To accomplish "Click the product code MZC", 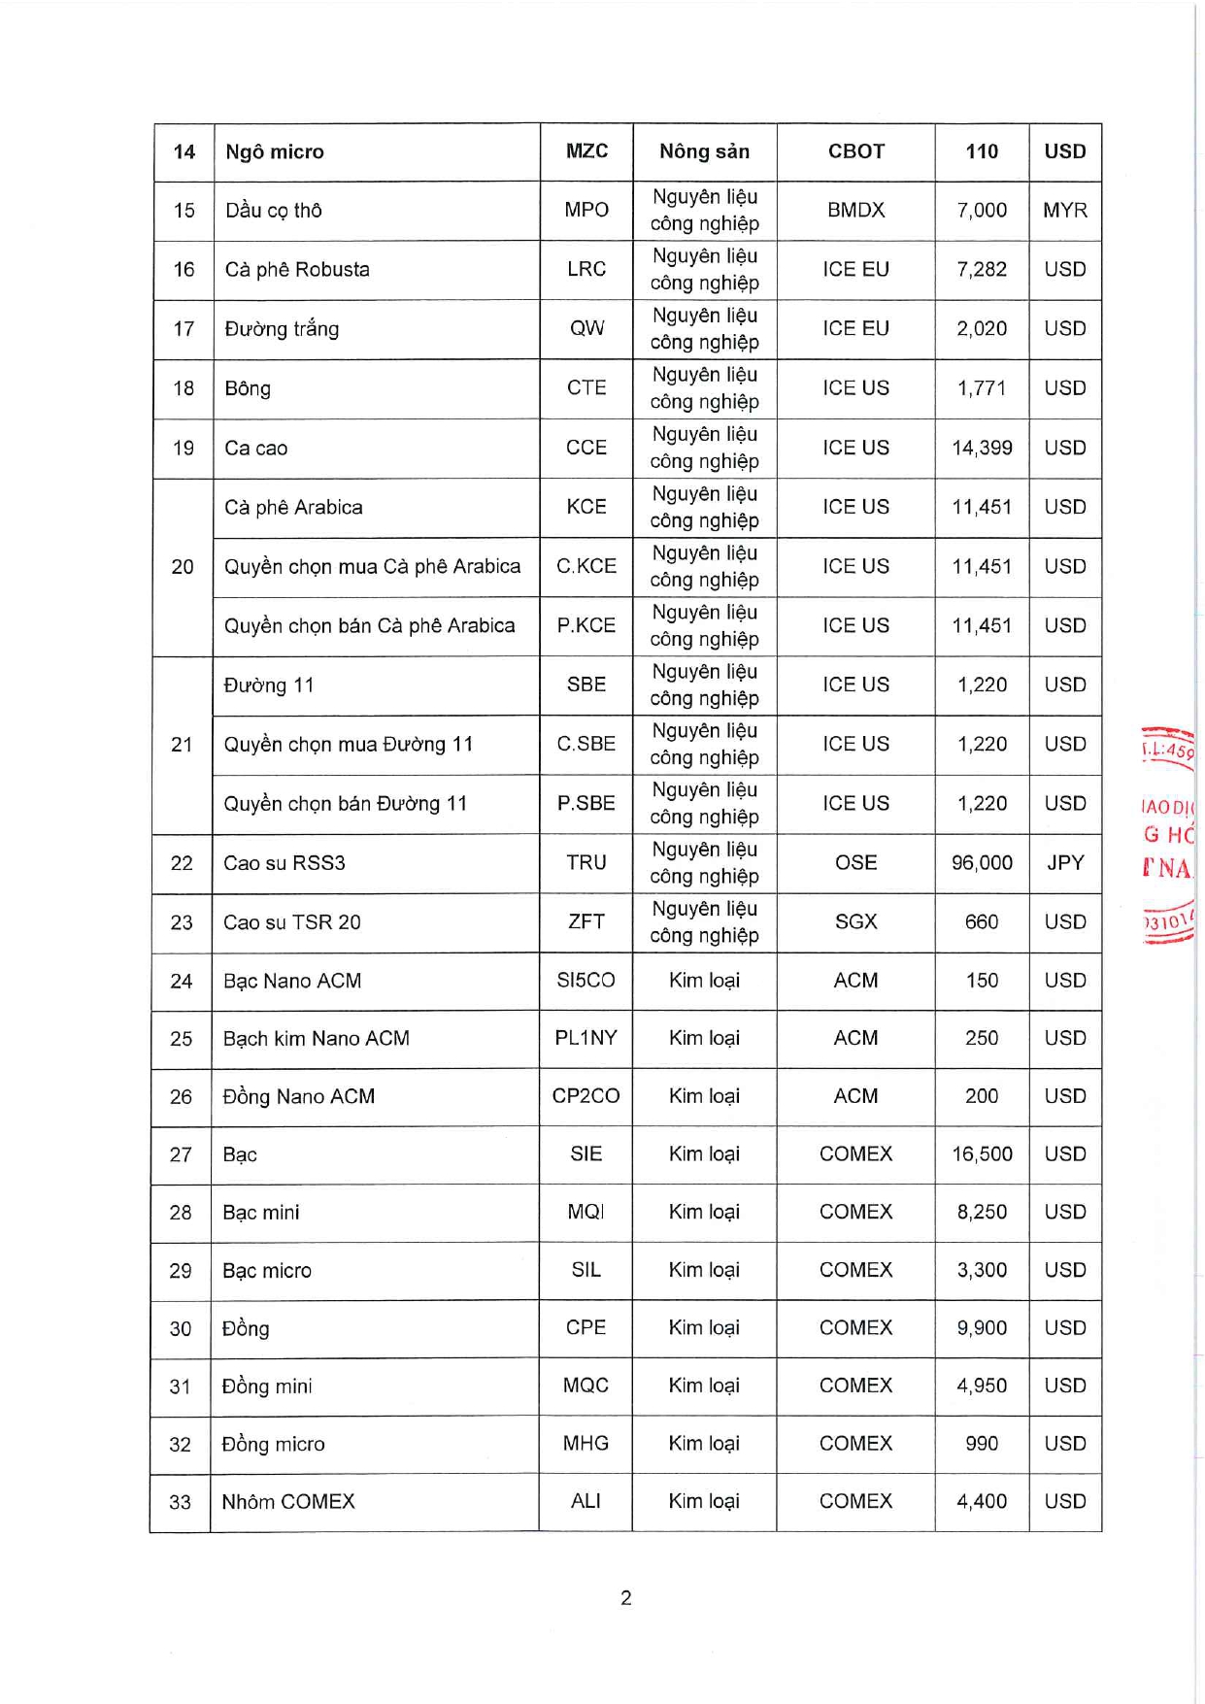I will click(586, 151).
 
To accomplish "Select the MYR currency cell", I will click(1065, 211).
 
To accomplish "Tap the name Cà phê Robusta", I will click(297, 270).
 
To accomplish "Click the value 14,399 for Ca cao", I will click(982, 448).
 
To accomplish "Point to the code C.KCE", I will click(586, 566).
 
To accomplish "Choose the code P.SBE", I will click(586, 803).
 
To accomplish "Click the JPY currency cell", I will click(1065, 862).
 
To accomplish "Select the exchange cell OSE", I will click(855, 862).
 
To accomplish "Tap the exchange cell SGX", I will click(855, 921).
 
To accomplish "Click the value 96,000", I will click(982, 862).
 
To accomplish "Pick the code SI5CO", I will click(586, 981).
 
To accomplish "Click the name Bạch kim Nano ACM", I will click(317, 1039).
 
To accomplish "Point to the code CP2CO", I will click(586, 1096).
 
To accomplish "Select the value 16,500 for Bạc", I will click(982, 1153).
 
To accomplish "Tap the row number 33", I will click(181, 1502).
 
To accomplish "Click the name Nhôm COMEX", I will click(288, 1502).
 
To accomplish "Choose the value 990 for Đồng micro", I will click(982, 1444).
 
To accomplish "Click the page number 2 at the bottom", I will click(626, 1597).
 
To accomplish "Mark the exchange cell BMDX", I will click(855, 211).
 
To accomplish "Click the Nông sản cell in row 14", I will click(704, 151).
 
